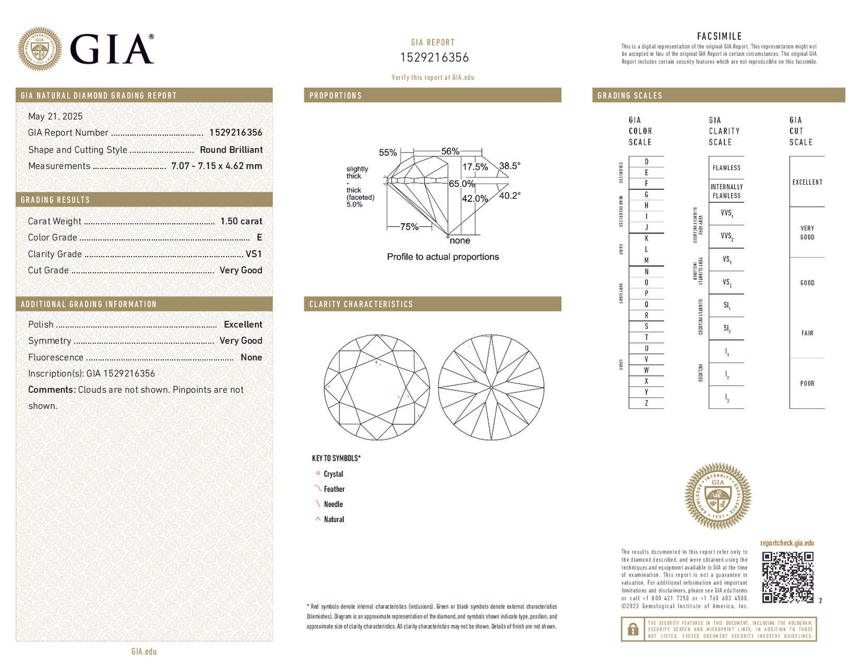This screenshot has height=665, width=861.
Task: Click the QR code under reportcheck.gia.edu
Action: point(788,577)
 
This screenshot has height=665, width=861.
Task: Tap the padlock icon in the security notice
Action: point(633,629)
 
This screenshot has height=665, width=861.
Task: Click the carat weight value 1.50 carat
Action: point(241,221)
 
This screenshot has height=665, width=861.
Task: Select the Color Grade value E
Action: point(259,238)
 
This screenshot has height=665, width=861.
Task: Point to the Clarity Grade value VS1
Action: point(254,254)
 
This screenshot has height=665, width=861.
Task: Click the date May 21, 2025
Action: point(55,117)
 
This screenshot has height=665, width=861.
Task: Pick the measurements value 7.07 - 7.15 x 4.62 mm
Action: point(216,166)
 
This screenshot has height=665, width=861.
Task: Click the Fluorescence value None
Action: point(251,357)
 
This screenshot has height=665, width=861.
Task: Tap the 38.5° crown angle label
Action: point(509,166)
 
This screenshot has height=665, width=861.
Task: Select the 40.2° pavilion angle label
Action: point(509,195)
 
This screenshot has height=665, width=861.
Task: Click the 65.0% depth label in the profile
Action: point(462,184)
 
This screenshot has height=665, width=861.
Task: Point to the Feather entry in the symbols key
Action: point(334,489)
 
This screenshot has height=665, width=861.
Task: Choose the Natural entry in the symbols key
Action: point(334,520)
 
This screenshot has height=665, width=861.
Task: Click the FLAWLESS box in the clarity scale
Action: point(726,168)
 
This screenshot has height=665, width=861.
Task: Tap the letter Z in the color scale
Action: point(646,403)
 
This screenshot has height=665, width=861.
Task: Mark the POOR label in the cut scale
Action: point(807,383)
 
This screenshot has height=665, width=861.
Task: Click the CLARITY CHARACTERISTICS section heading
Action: point(361,304)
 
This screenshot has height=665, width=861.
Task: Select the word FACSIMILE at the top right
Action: point(719,36)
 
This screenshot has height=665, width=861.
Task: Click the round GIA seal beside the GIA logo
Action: point(40,49)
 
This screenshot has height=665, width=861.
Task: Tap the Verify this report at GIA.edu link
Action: point(433,77)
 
